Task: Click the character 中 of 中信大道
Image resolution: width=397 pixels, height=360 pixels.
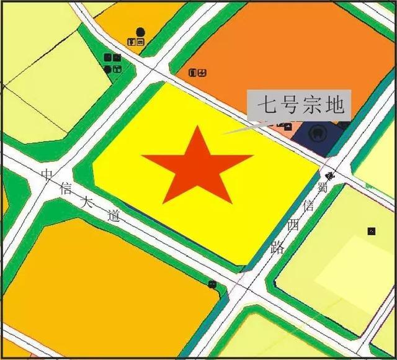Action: tap(47, 174)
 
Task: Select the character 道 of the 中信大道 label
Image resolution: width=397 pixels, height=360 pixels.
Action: tap(112, 217)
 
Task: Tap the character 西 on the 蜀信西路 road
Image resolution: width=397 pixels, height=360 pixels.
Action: tap(292, 225)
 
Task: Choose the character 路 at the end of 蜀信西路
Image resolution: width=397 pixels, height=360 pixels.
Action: tap(278, 247)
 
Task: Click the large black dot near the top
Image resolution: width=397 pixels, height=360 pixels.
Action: tap(140, 32)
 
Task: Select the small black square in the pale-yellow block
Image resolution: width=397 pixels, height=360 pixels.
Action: tap(371, 232)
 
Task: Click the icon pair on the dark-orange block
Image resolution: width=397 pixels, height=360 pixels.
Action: tap(197, 73)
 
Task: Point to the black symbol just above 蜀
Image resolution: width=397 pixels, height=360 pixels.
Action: tap(329, 176)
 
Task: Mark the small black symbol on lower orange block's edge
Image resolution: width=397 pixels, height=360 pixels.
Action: tap(213, 284)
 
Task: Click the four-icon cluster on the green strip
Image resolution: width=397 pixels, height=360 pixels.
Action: tap(112, 63)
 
